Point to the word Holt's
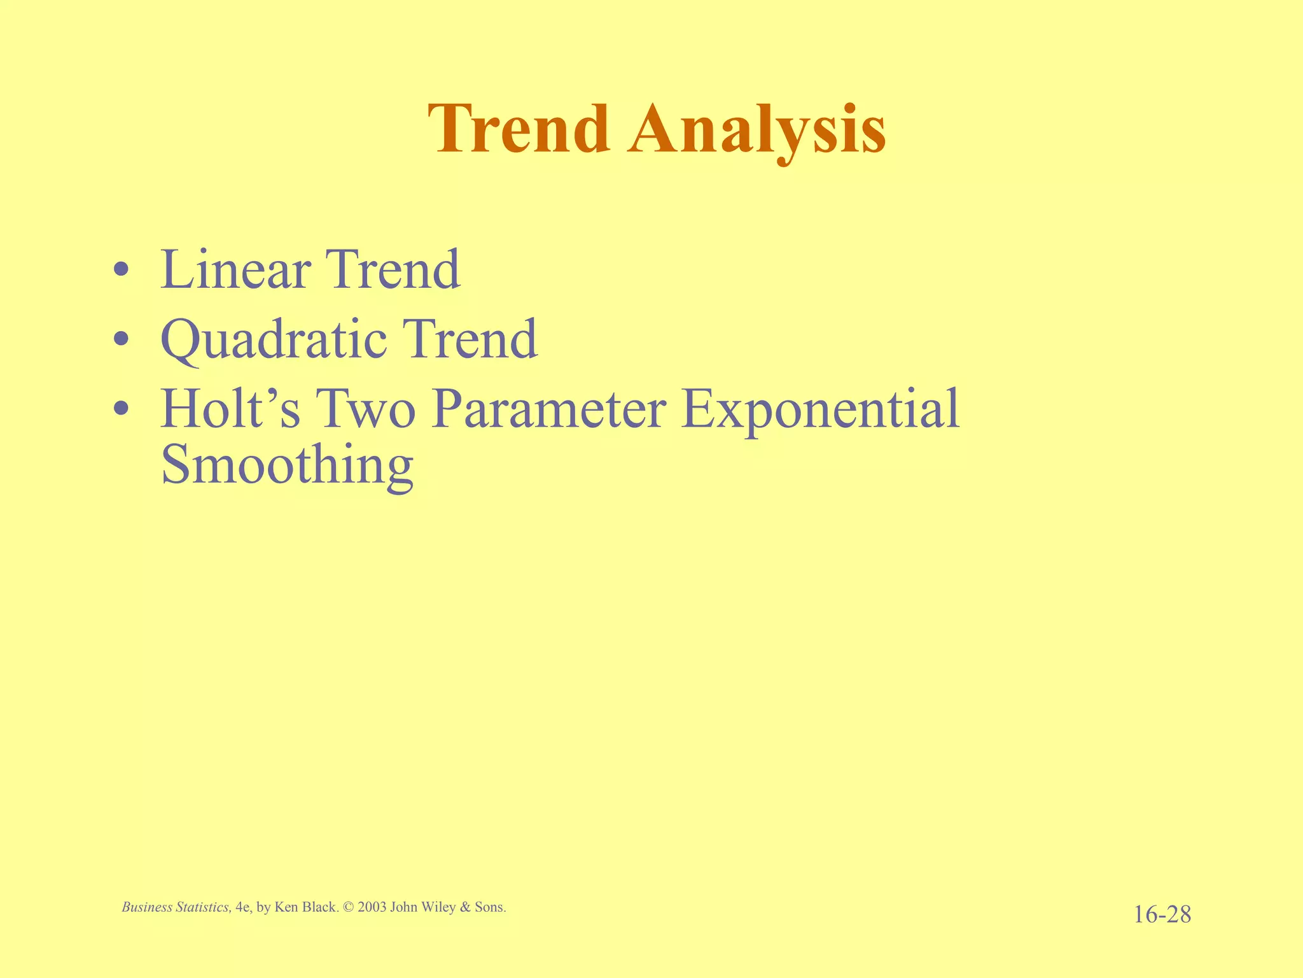point(230,409)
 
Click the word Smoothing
point(287,465)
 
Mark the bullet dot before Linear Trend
point(122,271)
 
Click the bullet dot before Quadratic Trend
point(122,341)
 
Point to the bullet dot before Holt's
point(122,410)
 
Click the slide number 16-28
point(1162,915)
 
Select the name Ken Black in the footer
point(305,907)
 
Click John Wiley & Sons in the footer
point(448,907)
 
